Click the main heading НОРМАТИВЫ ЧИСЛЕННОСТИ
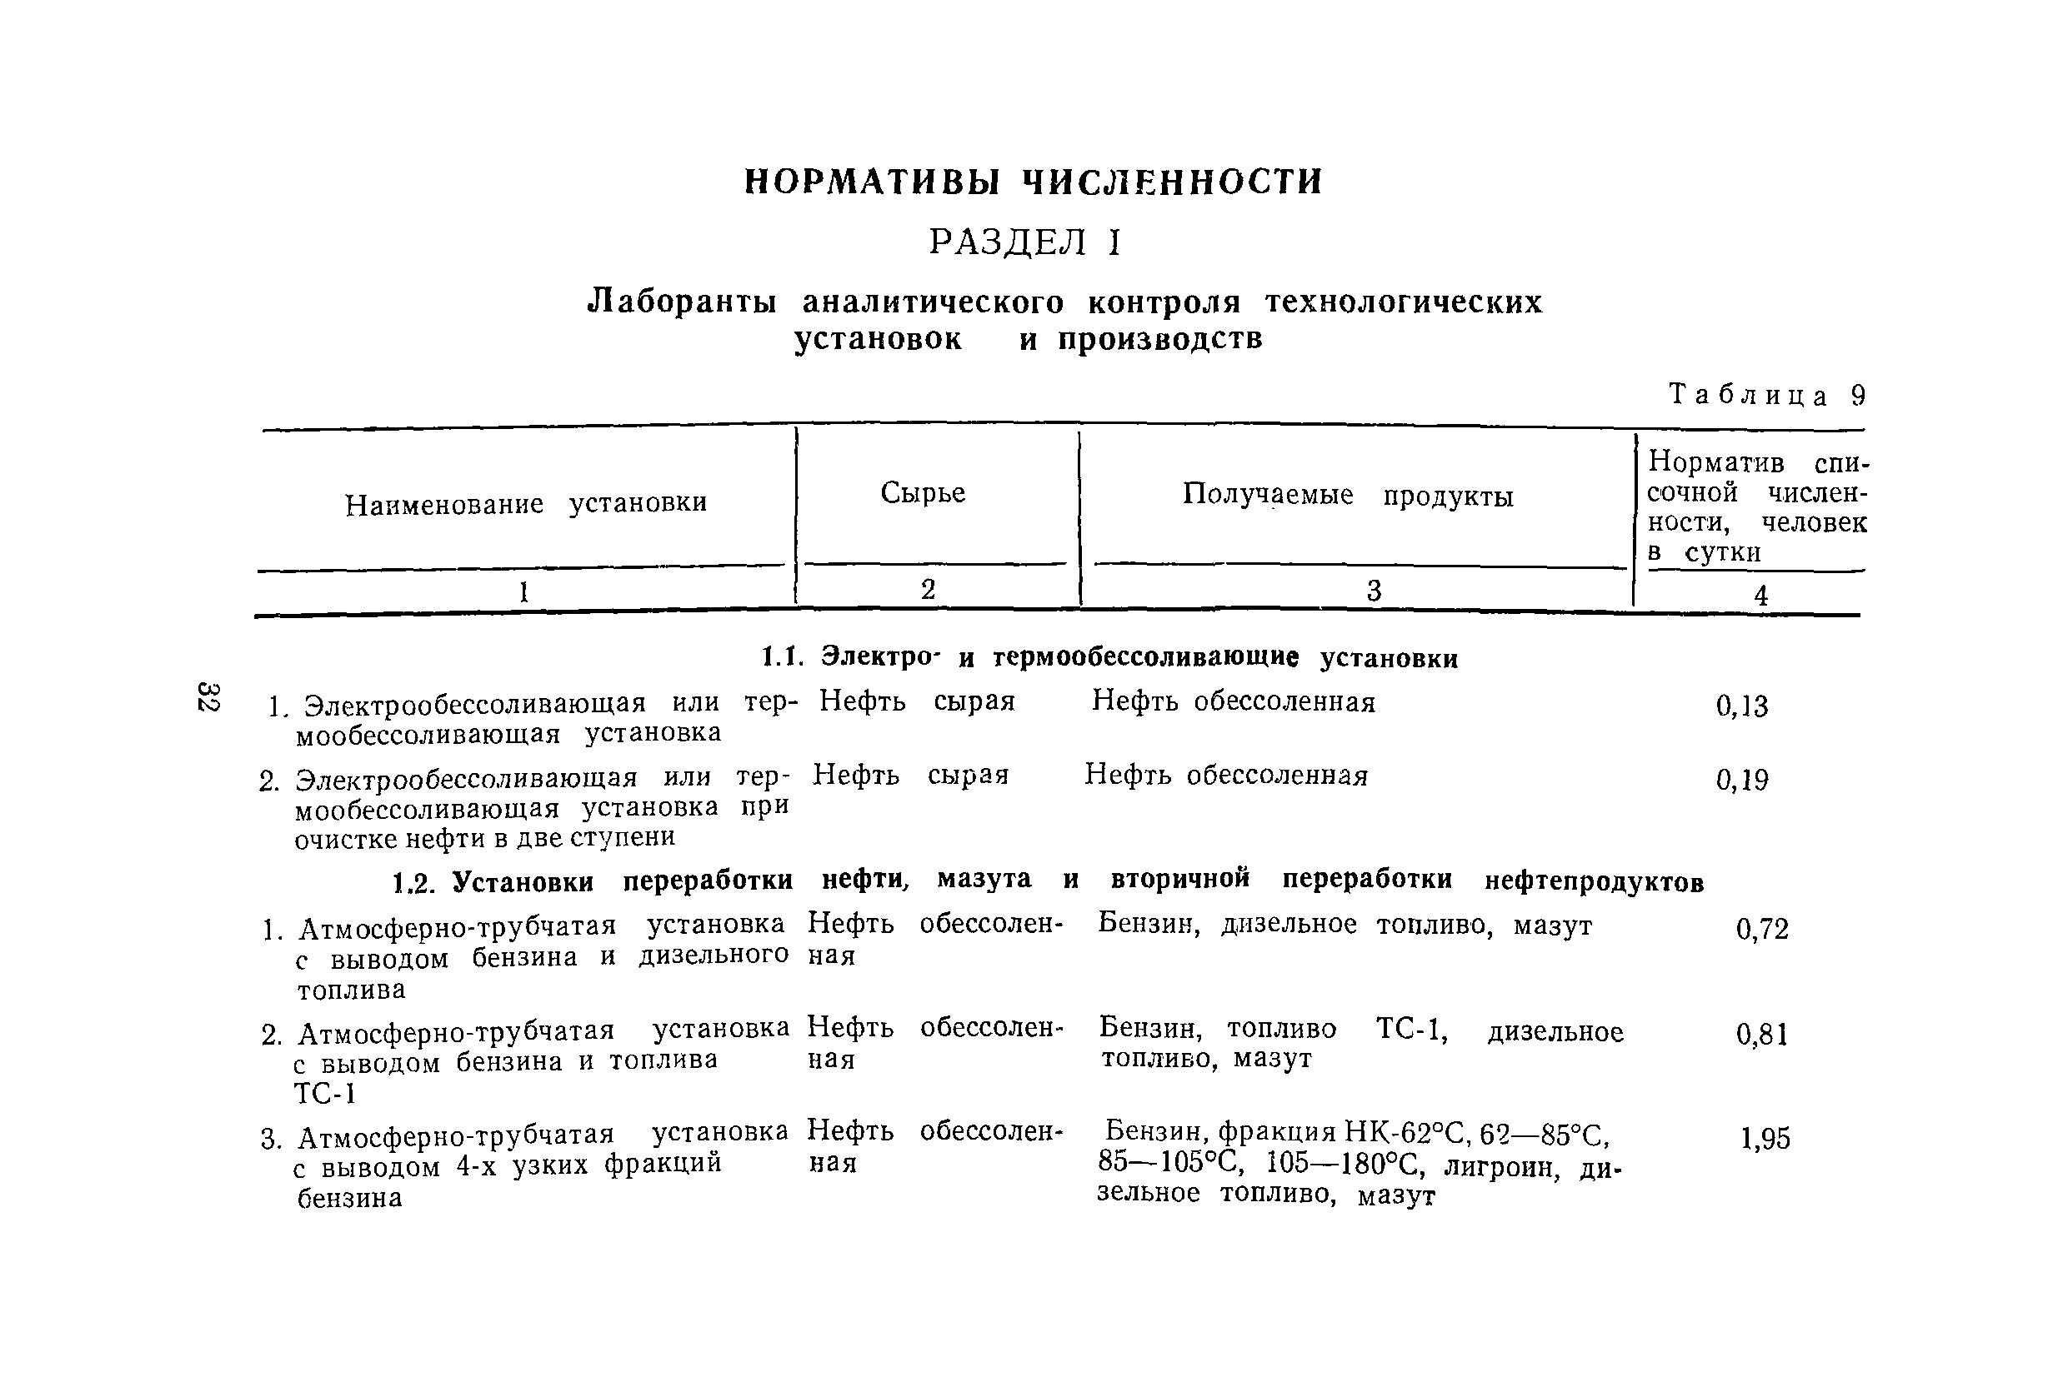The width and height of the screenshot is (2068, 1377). click(1032, 182)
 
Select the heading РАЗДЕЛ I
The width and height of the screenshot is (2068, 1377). click(1025, 242)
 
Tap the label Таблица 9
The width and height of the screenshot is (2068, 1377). click(1765, 396)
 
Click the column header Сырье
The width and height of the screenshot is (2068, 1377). click(923, 492)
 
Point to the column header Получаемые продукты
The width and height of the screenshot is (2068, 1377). click(1348, 496)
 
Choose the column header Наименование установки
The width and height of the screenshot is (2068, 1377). click(525, 503)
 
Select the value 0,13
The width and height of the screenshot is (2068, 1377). click(1741, 706)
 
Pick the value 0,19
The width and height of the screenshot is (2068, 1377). click(1741, 780)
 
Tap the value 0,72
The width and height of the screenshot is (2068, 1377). click(1761, 929)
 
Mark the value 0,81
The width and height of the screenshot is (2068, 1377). click(1761, 1035)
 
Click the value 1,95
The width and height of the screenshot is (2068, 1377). click(1764, 1138)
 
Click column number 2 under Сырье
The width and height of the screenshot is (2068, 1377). click(928, 589)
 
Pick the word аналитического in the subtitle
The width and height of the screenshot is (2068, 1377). click(932, 302)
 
